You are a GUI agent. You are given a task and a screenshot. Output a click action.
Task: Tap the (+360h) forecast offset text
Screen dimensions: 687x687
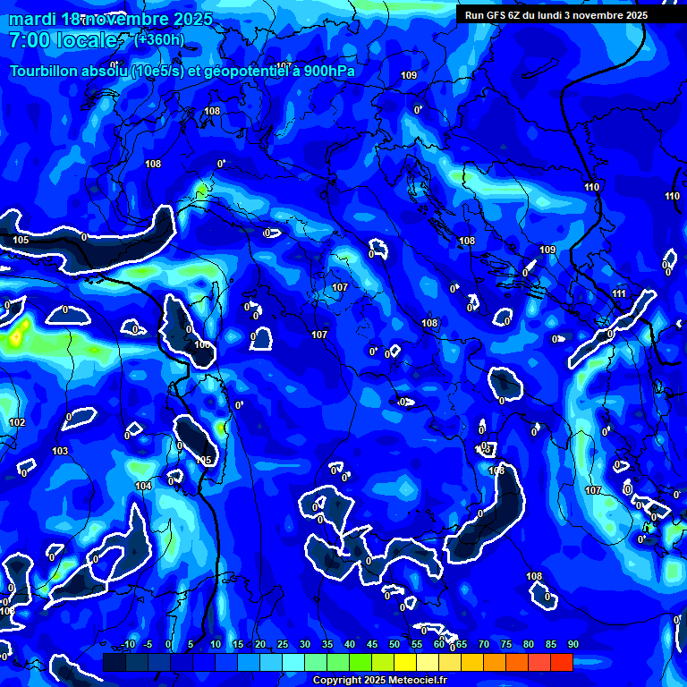click(158, 39)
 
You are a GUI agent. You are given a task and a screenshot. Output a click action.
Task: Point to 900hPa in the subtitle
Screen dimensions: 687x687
click(323, 72)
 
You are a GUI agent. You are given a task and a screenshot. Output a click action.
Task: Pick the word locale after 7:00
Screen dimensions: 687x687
click(88, 40)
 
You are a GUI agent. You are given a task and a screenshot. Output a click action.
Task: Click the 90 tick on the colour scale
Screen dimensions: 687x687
click(573, 644)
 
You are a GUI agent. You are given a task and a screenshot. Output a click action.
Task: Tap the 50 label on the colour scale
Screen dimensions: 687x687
click(394, 644)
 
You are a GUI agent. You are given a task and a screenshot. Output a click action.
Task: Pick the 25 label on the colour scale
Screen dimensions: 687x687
click(283, 644)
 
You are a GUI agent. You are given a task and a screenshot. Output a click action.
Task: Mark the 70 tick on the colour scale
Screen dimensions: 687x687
click(484, 644)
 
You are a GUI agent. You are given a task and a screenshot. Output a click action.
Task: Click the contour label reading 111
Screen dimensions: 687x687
click(620, 293)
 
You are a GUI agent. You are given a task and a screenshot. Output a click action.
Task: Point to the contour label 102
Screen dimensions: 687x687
click(17, 422)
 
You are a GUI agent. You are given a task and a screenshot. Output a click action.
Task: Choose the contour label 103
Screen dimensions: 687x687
click(60, 451)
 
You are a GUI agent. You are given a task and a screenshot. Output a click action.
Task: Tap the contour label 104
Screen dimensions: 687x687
click(143, 486)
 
